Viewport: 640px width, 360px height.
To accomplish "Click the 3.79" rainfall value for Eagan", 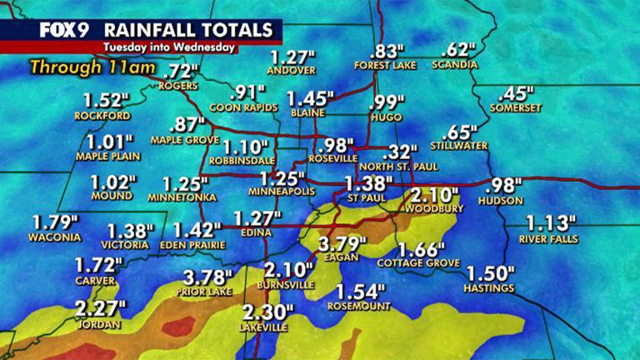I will click(x=342, y=247).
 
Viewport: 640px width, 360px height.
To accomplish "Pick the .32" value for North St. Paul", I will click(x=400, y=152).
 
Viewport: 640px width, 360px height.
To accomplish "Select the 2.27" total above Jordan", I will click(x=100, y=309).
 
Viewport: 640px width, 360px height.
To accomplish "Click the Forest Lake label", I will click(x=383, y=65).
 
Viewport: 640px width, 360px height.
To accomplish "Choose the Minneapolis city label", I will click(x=282, y=192).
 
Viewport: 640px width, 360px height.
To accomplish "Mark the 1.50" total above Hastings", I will click(x=490, y=274).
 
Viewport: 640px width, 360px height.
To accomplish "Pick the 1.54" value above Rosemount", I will click(x=361, y=292).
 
